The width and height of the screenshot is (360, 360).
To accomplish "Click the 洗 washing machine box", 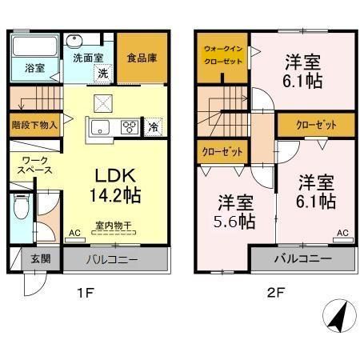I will click(103, 73).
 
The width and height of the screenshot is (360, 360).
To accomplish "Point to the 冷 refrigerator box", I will click(153, 126).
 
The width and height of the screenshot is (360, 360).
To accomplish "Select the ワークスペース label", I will click(36, 165).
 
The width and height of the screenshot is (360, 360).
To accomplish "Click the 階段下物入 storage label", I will click(34, 125).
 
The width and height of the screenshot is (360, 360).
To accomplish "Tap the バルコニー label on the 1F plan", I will click(116, 260).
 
